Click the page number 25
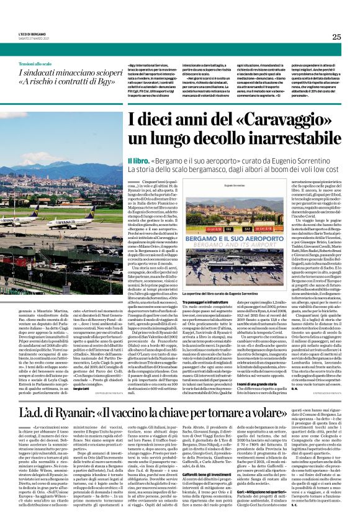(336, 37)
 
